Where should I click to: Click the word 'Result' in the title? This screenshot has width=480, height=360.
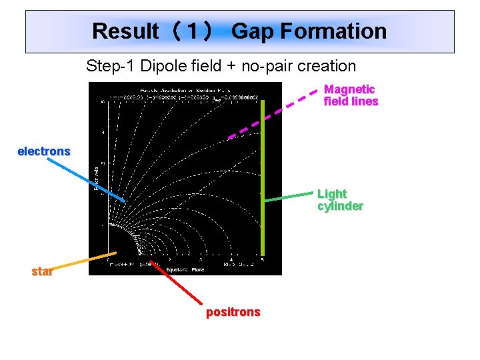click(125, 31)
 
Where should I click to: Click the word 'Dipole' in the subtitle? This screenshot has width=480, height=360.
click(161, 66)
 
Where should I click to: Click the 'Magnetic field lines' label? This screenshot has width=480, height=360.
click(351, 95)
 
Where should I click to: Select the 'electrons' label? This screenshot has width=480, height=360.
click(44, 151)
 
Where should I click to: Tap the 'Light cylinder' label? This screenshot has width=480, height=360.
click(340, 199)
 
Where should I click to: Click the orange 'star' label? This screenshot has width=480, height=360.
click(42, 271)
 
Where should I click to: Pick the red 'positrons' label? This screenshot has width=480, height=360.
click(233, 312)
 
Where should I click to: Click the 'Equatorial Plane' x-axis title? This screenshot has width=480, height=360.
click(190, 270)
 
